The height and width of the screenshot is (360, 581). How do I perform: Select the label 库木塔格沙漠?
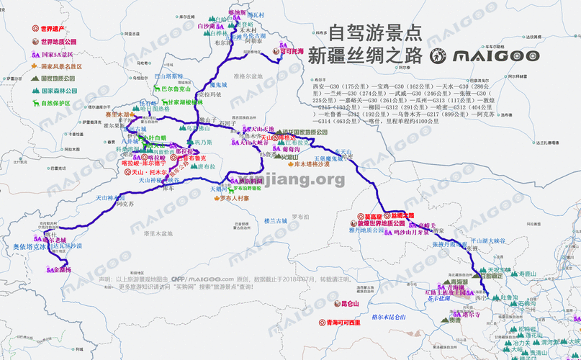point(312,163)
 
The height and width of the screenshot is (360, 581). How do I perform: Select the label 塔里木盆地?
point(158,233)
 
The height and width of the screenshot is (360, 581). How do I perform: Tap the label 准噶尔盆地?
point(238,76)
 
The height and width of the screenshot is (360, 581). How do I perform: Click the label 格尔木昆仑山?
point(389,317)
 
